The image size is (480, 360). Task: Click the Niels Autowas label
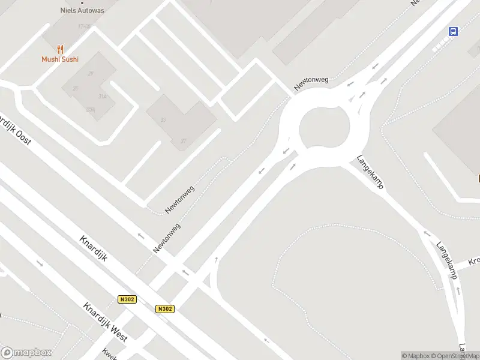(82, 10)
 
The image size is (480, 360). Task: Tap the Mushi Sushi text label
(60, 59)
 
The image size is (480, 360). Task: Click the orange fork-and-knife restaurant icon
(60, 49)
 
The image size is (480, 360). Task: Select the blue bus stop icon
(454, 32)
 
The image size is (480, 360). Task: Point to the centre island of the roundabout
(324, 128)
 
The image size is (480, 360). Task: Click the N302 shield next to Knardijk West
(127, 299)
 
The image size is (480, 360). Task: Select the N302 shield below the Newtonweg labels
(165, 308)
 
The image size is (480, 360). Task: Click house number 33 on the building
(163, 120)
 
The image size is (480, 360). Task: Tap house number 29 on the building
(91, 74)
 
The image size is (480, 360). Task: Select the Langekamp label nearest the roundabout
(370, 172)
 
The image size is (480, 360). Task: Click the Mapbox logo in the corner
(26, 353)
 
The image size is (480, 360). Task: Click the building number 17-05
(84, 26)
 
